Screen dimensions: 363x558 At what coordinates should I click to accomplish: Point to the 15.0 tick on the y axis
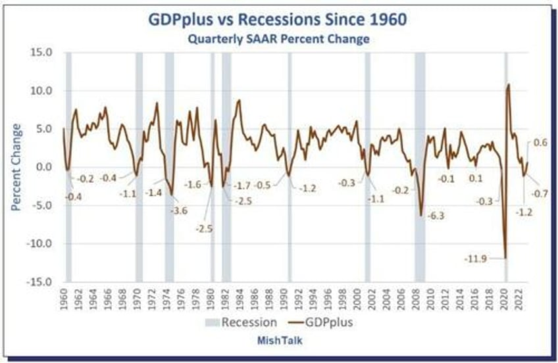click(42, 53)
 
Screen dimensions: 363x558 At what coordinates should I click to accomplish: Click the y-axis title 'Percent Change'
click(16, 167)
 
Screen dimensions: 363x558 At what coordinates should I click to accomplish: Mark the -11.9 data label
click(475, 259)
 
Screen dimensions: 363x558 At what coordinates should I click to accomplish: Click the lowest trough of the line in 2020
click(505, 257)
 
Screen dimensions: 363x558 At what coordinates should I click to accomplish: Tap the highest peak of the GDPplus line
click(509, 84)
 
